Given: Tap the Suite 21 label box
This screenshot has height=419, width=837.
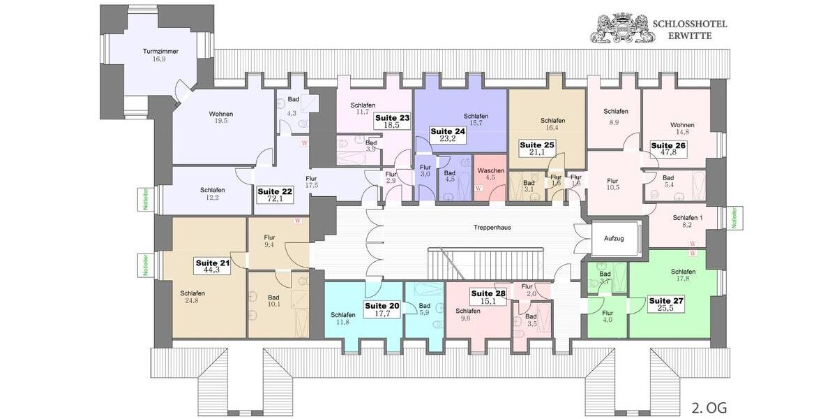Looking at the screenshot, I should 212,265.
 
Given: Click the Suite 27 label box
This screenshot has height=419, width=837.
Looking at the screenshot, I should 665,304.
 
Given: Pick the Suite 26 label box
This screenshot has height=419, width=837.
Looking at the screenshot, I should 668,149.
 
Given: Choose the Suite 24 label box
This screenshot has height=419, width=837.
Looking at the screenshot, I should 447,135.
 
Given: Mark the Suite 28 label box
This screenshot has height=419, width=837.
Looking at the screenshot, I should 488,297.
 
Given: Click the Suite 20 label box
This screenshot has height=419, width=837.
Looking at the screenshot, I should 382,309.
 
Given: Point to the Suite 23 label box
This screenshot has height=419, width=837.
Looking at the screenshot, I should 392,122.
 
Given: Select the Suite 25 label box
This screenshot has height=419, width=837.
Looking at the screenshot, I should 536,149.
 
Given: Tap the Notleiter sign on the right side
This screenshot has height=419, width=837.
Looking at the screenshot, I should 734,218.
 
